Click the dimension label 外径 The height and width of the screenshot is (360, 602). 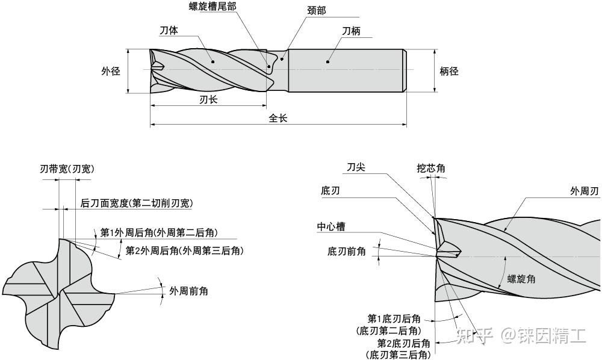pos(110,71)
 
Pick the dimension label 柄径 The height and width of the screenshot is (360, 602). pos(449,71)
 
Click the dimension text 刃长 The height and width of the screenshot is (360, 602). pos(208,100)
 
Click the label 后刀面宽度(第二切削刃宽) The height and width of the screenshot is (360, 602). pos(137,203)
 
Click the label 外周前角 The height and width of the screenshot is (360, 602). pos(188,291)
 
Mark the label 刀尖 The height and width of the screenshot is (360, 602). pos(355,167)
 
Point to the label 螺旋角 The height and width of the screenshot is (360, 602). pos(521,279)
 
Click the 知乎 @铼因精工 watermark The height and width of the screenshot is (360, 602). pos(522,335)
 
